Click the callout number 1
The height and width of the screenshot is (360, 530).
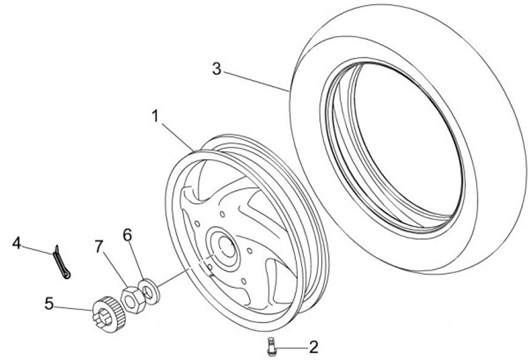155,116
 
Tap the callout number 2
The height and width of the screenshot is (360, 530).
313,345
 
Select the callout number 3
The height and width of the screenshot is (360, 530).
216,70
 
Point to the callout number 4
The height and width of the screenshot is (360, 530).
17,241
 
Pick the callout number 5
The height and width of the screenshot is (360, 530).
49,302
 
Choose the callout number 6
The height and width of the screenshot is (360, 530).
127,235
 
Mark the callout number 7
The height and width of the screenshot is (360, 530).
99,245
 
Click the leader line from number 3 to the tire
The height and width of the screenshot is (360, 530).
254,80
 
